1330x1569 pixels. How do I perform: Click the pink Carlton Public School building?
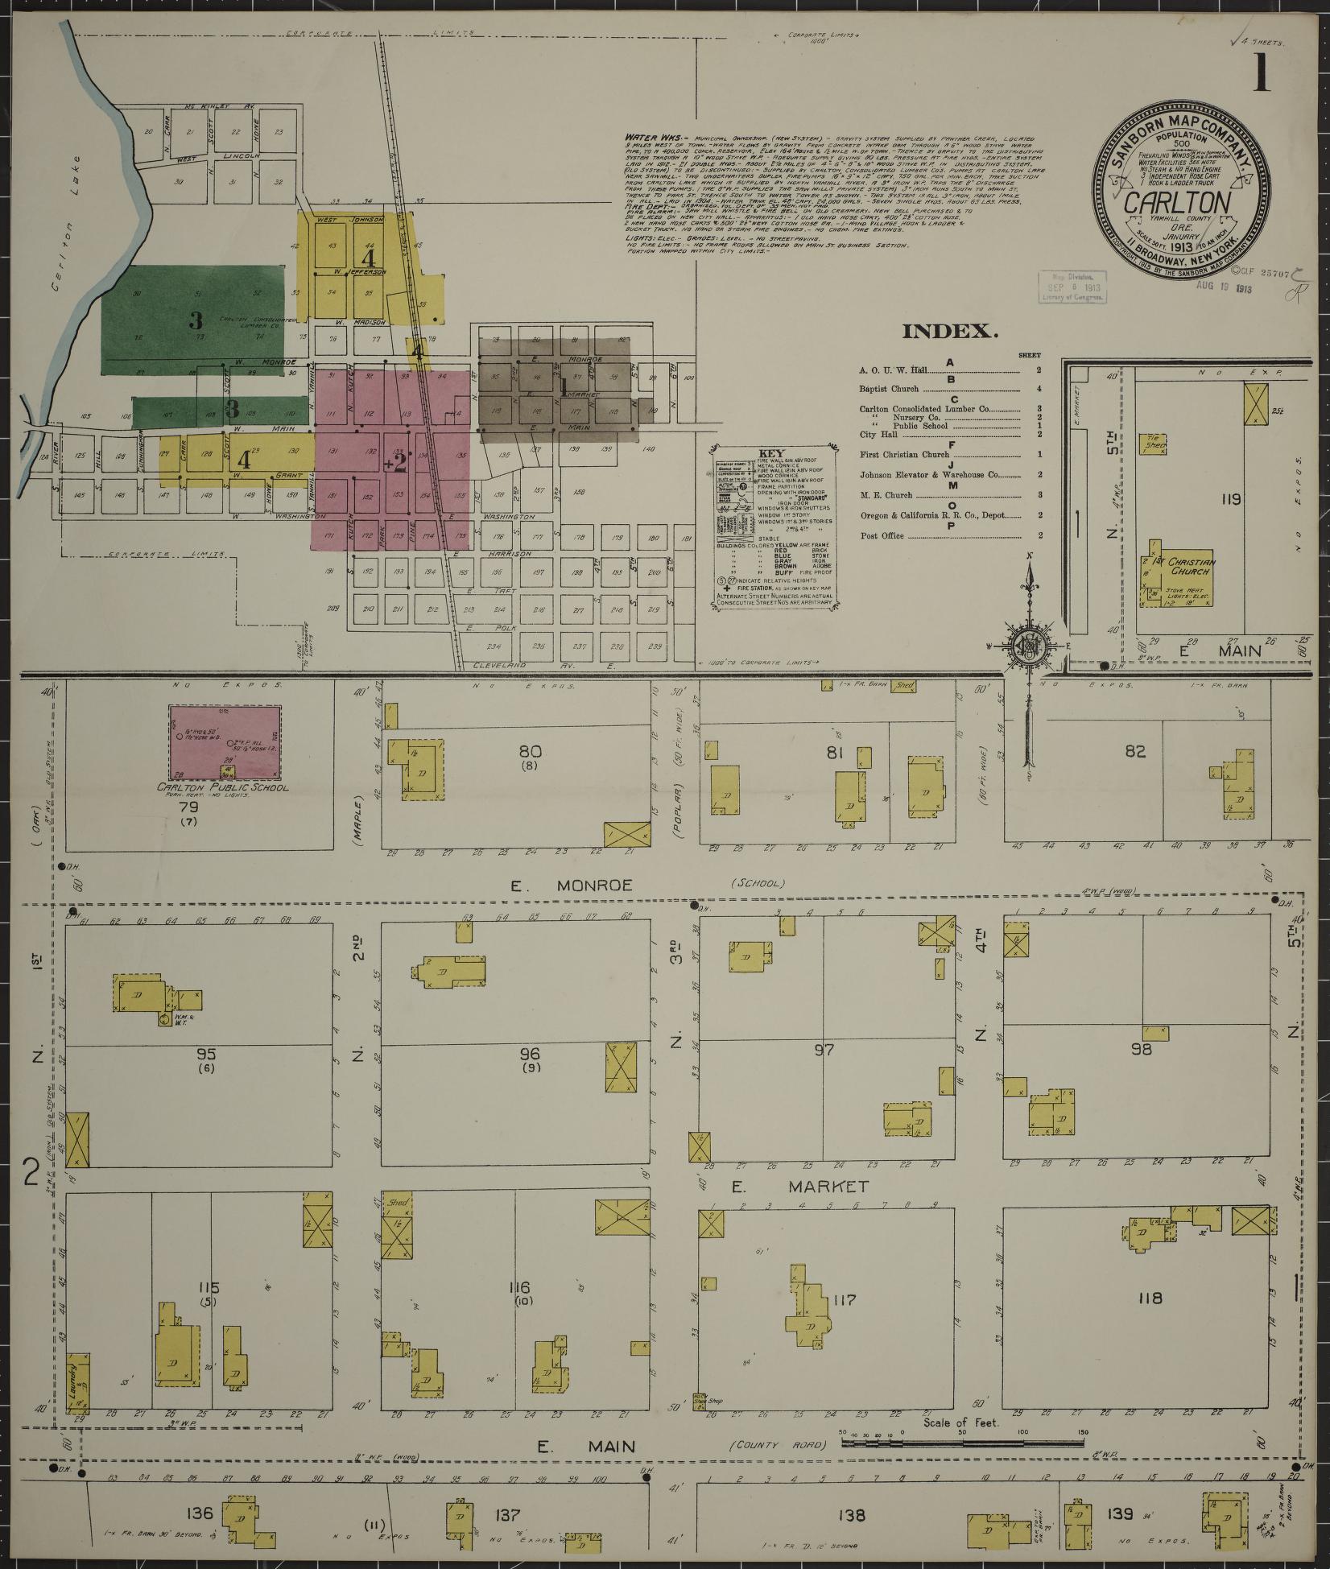tap(225, 741)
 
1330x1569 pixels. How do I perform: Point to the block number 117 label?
tap(845, 1299)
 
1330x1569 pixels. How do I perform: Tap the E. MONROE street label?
tap(572, 885)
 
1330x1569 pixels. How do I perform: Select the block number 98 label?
tap(1142, 1049)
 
